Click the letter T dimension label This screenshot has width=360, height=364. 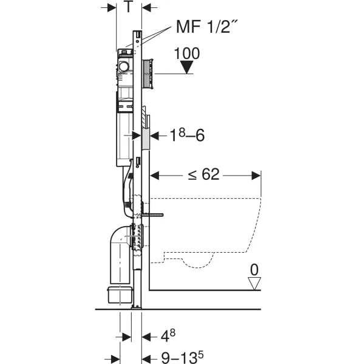(x=128, y=6)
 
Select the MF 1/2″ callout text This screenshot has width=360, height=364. (x=206, y=27)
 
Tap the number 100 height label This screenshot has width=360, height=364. (x=187, y=53)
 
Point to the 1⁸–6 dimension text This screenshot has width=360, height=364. (x=187, y=135)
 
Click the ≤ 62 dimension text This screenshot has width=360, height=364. (x=203, y=174)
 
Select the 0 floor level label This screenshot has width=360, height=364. (x=254, y=270)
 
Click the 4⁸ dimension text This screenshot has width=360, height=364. (x=168, y=336)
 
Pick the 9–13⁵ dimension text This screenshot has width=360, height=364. (x=182, y=357)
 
